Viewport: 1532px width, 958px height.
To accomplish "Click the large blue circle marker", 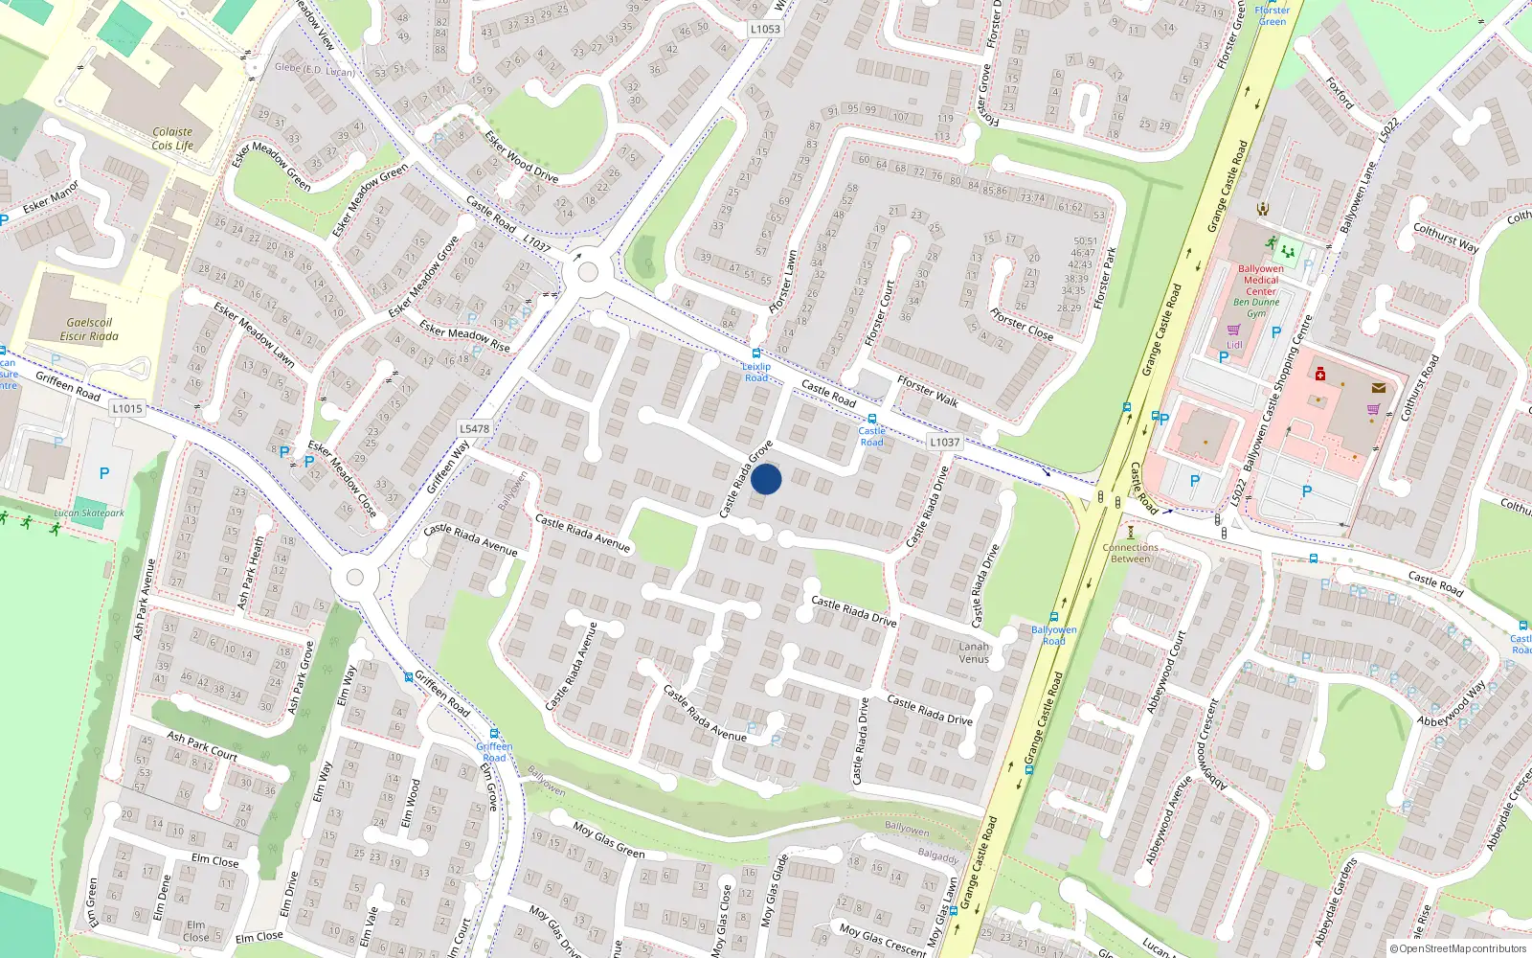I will [766, 479].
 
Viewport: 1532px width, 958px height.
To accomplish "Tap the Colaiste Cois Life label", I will [172, 139].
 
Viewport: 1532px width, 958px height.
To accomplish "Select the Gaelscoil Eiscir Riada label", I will [89, 330].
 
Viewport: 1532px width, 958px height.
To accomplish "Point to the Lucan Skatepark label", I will [89, 513].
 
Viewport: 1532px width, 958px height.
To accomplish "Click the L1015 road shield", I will [126, 408].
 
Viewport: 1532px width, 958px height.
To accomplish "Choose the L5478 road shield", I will [474, 429].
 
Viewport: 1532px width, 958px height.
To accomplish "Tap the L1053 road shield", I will [765, 29].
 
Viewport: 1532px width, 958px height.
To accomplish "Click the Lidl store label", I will [1234, 345].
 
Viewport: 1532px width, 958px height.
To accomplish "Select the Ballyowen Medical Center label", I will [1260, 280].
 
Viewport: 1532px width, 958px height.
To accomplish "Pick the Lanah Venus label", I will [974, 652].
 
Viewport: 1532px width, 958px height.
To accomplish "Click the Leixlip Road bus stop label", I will [756, 372].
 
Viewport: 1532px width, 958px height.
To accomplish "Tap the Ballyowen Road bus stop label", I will [1053, 635].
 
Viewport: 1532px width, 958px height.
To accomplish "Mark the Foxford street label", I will [1340, 94].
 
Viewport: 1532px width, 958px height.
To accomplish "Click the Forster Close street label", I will [1022, 325].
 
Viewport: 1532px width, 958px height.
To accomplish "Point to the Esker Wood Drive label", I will [521, 156].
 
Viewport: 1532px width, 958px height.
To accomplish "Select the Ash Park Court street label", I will [202, 745].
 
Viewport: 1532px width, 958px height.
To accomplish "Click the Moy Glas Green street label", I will [609, 840].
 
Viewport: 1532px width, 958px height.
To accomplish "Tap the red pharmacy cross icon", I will [1319, 374].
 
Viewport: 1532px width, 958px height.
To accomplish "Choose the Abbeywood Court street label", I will [1166, 672].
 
